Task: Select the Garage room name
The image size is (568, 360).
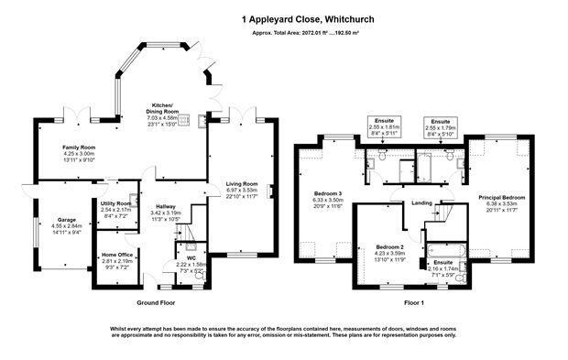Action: click(67, 220)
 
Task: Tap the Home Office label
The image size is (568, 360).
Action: click(117, 254)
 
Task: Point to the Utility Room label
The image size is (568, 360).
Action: click(115, 202)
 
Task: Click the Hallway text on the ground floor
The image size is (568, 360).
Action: click(166, 206)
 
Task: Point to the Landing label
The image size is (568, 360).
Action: click(422, 203)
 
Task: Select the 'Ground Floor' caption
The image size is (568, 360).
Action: click(156, 301)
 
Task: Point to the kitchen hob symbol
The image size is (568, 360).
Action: click(186, 119)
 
